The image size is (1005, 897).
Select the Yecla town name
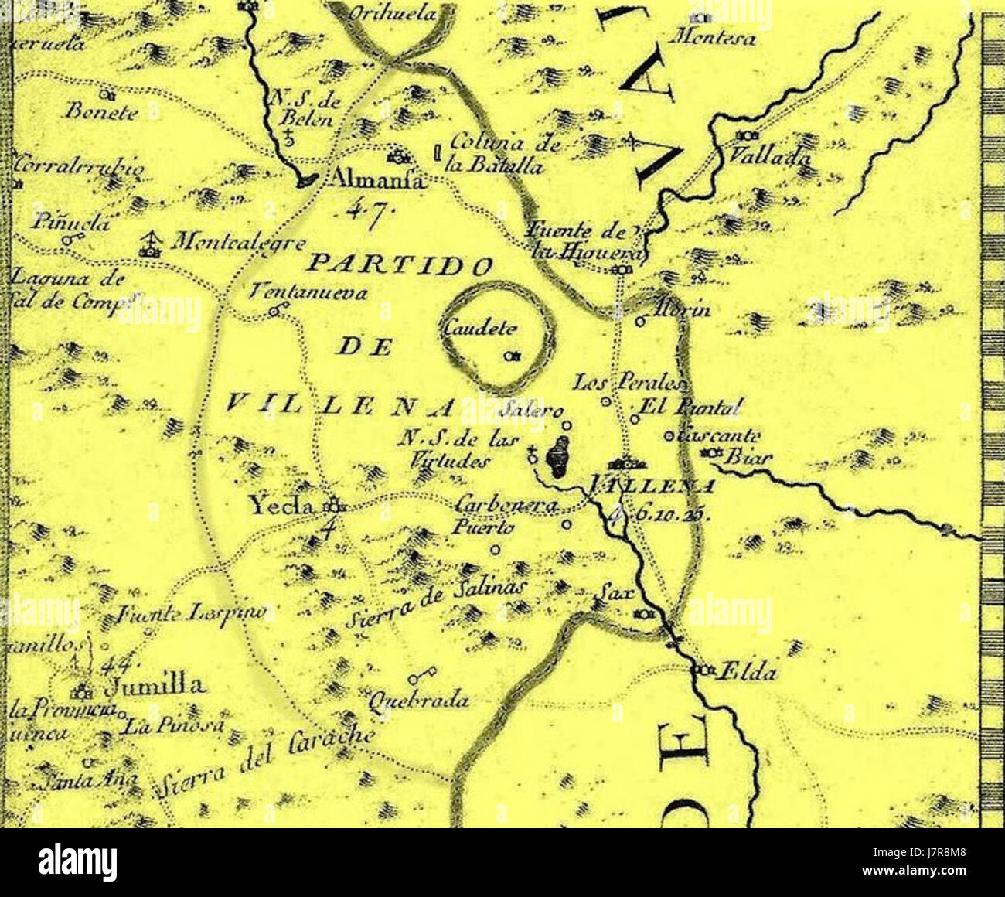[x=281, y=506]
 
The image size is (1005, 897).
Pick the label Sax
[x=615, y=594]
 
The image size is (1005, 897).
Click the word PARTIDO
[x=400, y=265]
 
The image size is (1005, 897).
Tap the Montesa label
[x=716, y=37]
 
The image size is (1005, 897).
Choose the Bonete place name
[x=101, y=111]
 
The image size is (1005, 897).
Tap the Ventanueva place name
[x=308, y=292]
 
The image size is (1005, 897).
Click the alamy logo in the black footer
[x=77, y=862]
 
